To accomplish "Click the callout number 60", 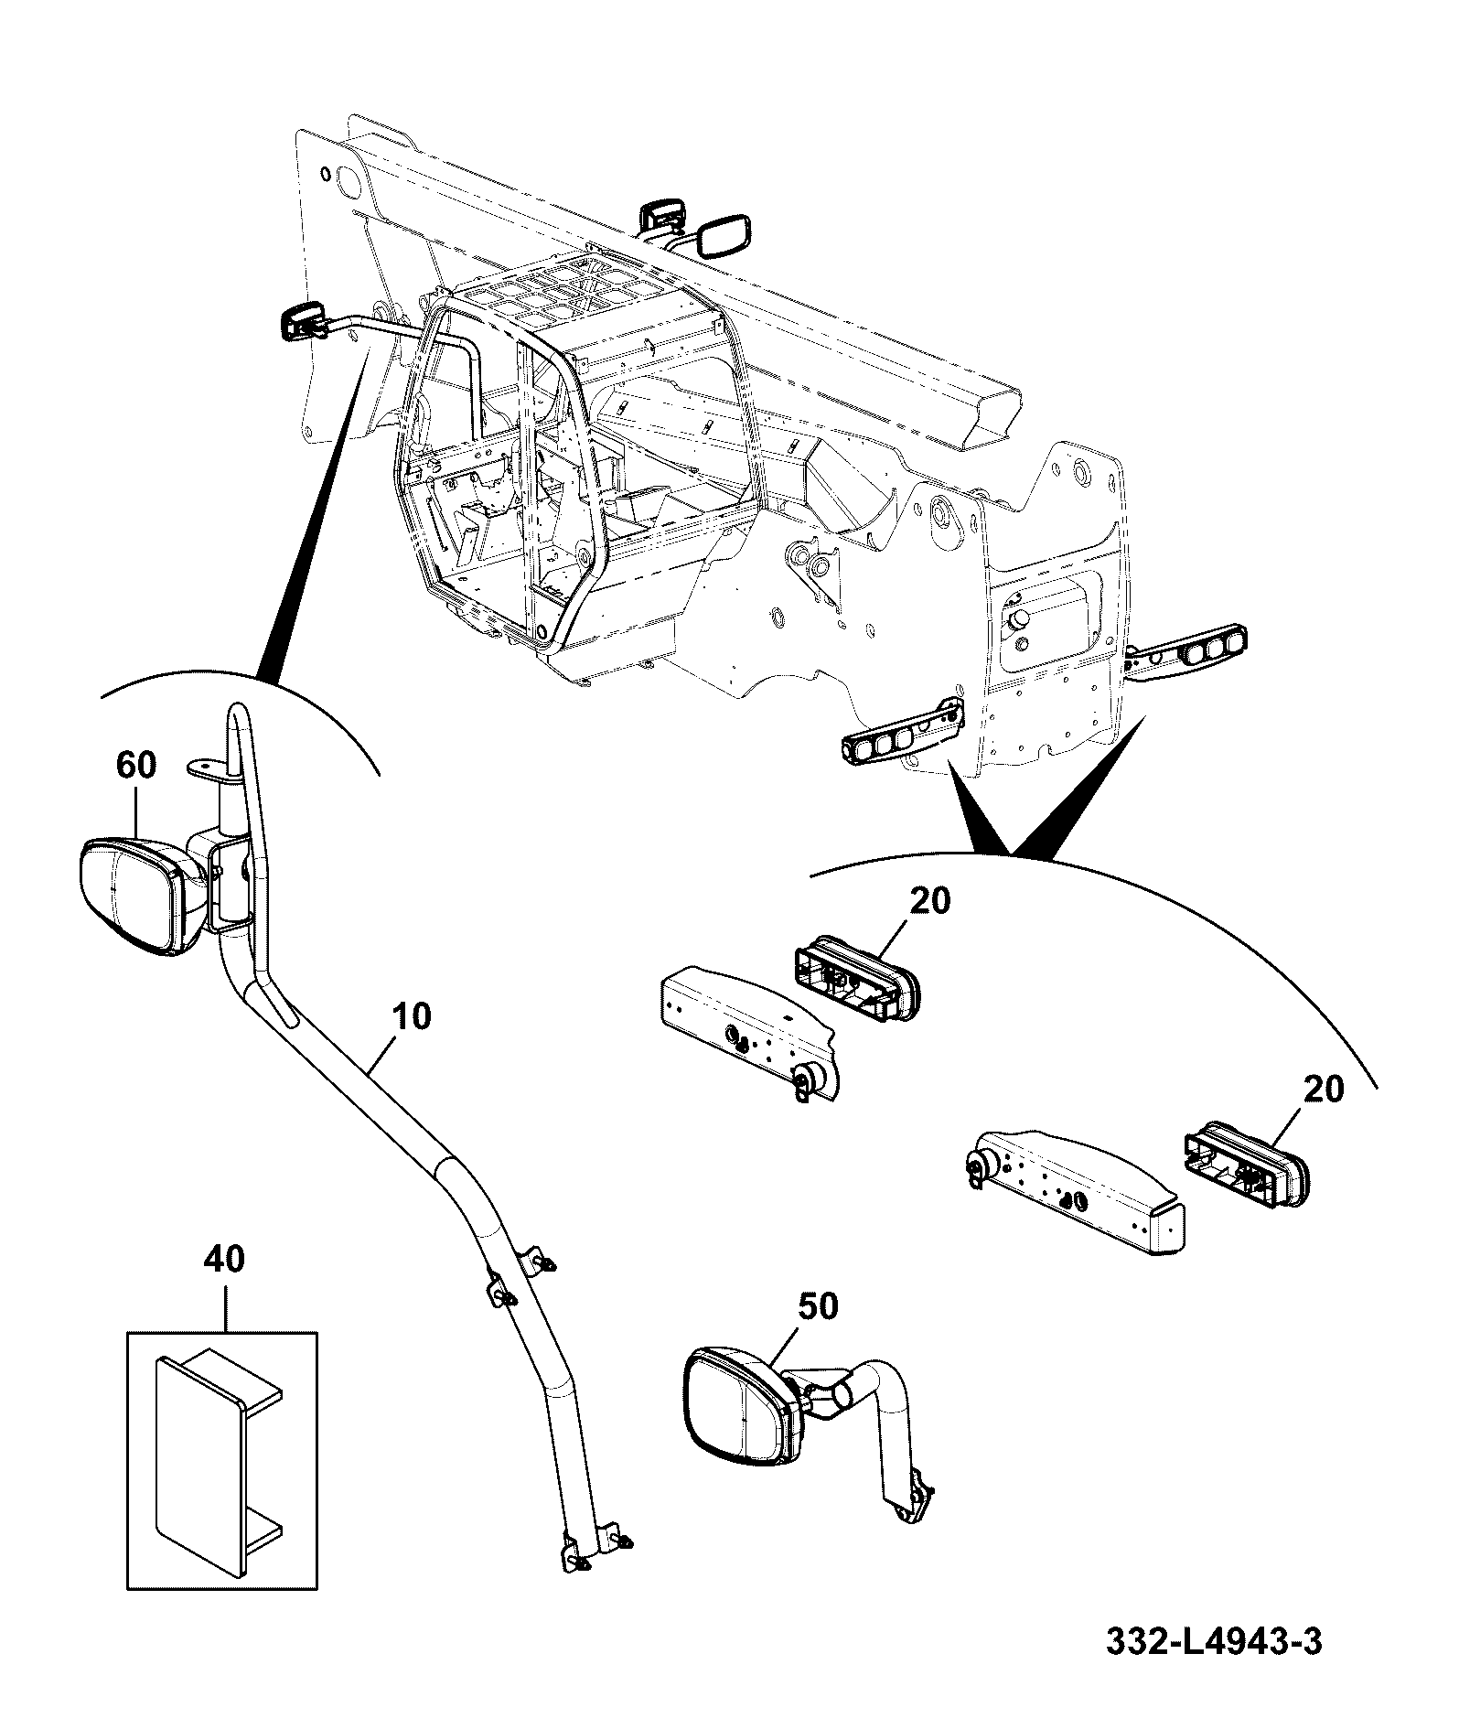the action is [135, 764].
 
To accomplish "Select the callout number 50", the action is [817, 1305].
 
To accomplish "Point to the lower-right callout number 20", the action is [1324, 1089].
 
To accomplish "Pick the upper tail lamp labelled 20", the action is [855, 977].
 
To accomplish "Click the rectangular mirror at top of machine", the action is [724, 235].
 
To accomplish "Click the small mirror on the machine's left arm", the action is [303, 320].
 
